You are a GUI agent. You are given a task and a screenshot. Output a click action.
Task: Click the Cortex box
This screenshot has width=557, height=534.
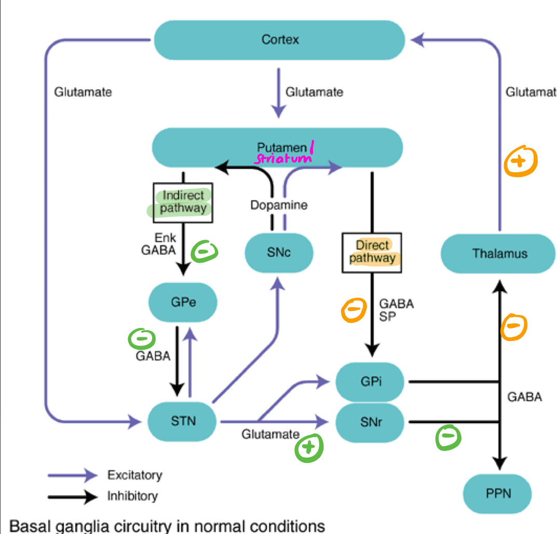[x=280, y=40]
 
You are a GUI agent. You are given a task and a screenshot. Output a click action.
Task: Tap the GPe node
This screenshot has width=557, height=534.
[x=183, y=302]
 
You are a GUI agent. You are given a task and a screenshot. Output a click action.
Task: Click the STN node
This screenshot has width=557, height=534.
[x=183, y=421]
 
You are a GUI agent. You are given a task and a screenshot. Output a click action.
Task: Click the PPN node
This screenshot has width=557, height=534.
[x=498, y=493]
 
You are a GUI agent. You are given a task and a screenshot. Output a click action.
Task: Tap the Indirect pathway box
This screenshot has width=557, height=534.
[x=183, y=202]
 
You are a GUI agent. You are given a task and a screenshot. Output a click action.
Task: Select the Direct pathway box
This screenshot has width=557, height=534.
[x=372, y=252]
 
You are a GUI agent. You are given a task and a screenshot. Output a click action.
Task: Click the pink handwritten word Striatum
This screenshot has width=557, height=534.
[x=282, y=158]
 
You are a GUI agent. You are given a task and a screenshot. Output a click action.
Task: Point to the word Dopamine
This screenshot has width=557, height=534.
[x=279, y=206]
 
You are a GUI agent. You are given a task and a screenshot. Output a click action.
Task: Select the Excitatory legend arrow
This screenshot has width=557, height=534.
[x=73, y=475]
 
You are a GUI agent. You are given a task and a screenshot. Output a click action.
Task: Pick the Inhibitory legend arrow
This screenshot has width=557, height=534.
[x=73, y=497]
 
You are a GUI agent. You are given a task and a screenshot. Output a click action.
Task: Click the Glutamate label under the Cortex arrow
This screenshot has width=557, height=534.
[x=314, y=92]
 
